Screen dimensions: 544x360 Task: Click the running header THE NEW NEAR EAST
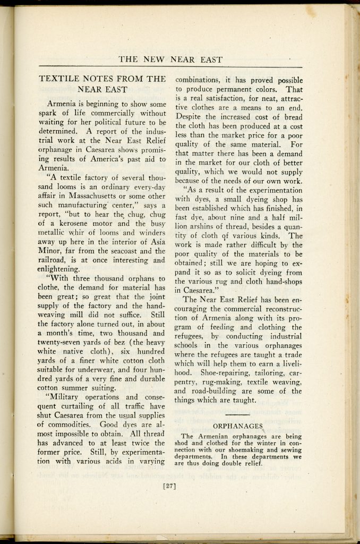pos(170,59)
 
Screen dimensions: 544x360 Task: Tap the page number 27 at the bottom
pos(170,484)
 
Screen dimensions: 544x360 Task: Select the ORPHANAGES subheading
pos(238,426)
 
